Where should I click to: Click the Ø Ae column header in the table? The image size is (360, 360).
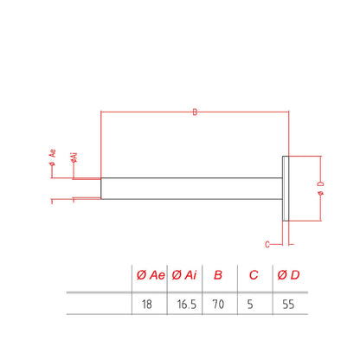click(x=151, y=275)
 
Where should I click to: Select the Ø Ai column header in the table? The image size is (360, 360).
click(x=184, y=275)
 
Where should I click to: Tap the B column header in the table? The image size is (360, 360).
click(x=218, y=275)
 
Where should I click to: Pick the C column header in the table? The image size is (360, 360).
click(x=254, y=275)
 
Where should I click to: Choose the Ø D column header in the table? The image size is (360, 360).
click(x=288, y=275)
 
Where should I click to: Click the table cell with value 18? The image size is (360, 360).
click(x=147, y=305)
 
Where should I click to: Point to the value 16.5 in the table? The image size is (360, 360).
click(x=187, y=305)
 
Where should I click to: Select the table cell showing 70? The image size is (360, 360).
click(x=218, y=305)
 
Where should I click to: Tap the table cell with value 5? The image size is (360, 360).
click(x=250, y=305)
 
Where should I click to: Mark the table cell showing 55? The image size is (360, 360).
click(x=288, y=305)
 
